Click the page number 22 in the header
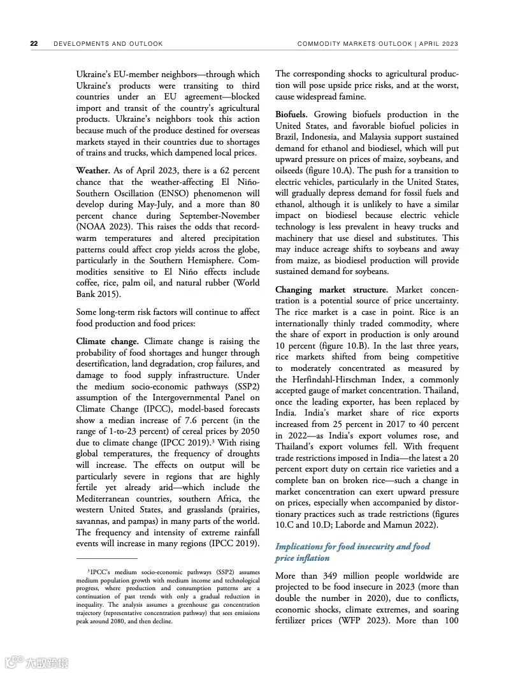pos(34,44)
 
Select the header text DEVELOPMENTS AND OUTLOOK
pos(108,44)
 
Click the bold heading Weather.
pos(93,171)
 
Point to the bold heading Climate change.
pos(107,342)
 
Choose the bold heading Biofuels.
pos(292,114)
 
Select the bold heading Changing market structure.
pos(331,289)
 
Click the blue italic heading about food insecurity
pos(352,552)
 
